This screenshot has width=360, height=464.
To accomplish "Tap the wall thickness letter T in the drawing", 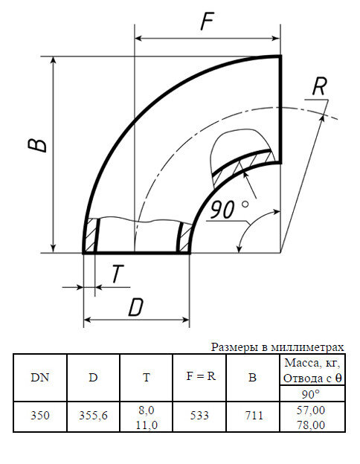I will (x=118, y=274).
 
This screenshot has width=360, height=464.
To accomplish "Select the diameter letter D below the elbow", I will (x=135, y=306).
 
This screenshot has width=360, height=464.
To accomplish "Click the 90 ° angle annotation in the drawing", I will (x=228, y=210).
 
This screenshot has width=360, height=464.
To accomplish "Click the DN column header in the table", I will (x=40, y=377).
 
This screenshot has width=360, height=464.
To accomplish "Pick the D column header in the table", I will (x=93, y=377).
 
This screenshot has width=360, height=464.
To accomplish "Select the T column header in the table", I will (x=146, y=377).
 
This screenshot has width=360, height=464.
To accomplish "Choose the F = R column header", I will (x=199, y=376).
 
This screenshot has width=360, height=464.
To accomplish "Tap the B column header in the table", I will (x=252, y=377).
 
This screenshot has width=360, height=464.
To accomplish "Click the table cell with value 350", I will (x=40, y=416).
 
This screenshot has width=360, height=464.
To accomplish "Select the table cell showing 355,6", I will (x=93, y=416).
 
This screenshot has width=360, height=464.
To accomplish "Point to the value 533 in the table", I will (x=199, y=416).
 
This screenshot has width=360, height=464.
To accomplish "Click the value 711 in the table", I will (x=252, y=416).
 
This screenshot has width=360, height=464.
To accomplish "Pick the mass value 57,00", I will (x=311, y=410).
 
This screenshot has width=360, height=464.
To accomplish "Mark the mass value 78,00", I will (x=311, y=425).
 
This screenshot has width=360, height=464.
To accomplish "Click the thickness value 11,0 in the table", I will (x=146, y=425).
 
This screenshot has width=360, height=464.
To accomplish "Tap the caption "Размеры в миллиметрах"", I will (x=277, y=347).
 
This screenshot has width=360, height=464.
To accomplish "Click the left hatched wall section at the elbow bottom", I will (x=91, y=236).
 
